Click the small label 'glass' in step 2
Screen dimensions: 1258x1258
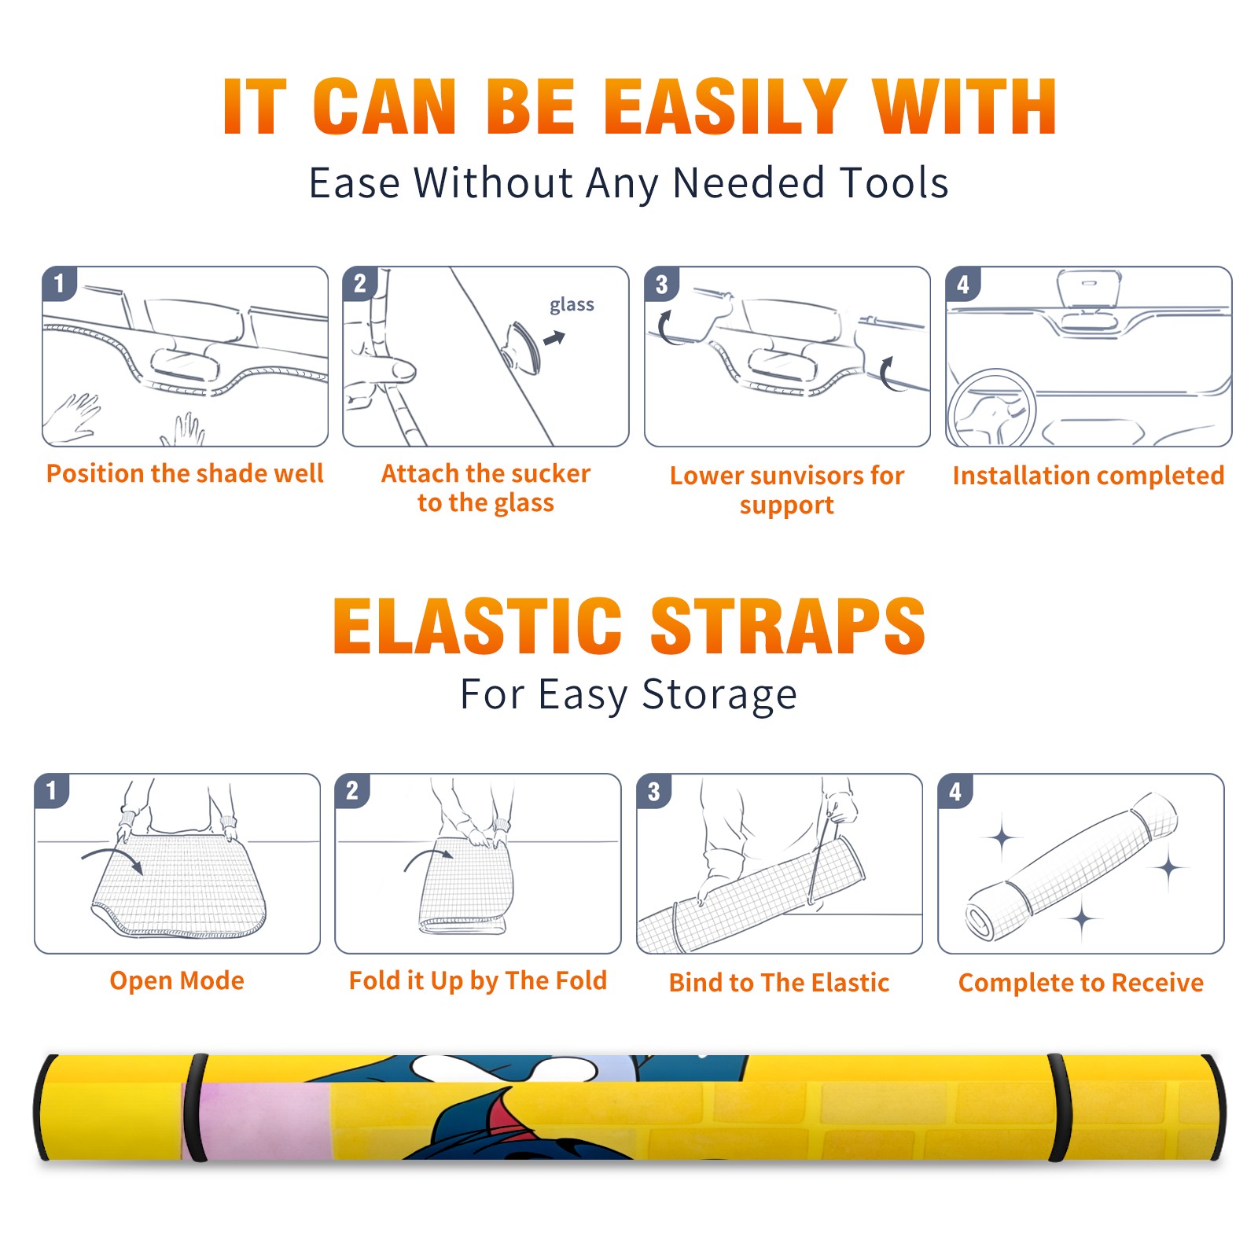pos(572,304)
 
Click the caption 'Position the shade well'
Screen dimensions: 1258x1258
pos(185,473)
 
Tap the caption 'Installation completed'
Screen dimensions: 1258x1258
pos(1088,476)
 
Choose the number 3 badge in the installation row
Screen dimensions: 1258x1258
pos(661,284)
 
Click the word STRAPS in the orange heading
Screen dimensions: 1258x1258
pos(788,626)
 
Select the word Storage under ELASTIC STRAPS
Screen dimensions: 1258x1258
pos(719,695)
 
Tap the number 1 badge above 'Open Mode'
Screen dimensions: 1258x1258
pos(52,790)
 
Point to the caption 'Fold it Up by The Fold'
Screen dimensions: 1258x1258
pos(478,981)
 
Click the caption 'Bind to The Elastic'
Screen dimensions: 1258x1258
pos(779,983)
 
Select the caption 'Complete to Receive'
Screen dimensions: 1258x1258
pos(1081,983)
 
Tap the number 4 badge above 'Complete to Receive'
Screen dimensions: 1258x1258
pos(955,791)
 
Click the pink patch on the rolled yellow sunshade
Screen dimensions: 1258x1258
pos(263,1120)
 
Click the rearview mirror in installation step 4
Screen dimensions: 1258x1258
pos(1088,289)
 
